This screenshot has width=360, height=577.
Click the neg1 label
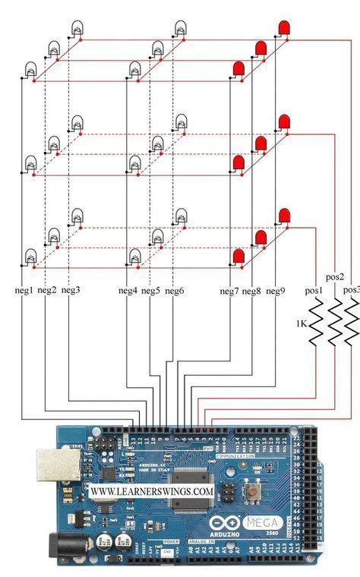click(23, 290)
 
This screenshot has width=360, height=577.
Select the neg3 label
click(70, 290)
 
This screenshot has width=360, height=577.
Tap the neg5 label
click(150, 290)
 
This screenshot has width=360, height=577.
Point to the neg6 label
click(175, 290)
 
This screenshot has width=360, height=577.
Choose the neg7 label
click(229, 290)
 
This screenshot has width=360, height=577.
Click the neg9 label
click(274, 290)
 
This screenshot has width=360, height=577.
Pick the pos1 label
click(314, 290)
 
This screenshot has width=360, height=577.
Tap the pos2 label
click(335, 277)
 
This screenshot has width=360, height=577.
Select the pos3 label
click(351, 290)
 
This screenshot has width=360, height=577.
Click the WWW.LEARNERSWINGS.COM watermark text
click(151, 491)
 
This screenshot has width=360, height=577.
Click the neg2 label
click(47, 290)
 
